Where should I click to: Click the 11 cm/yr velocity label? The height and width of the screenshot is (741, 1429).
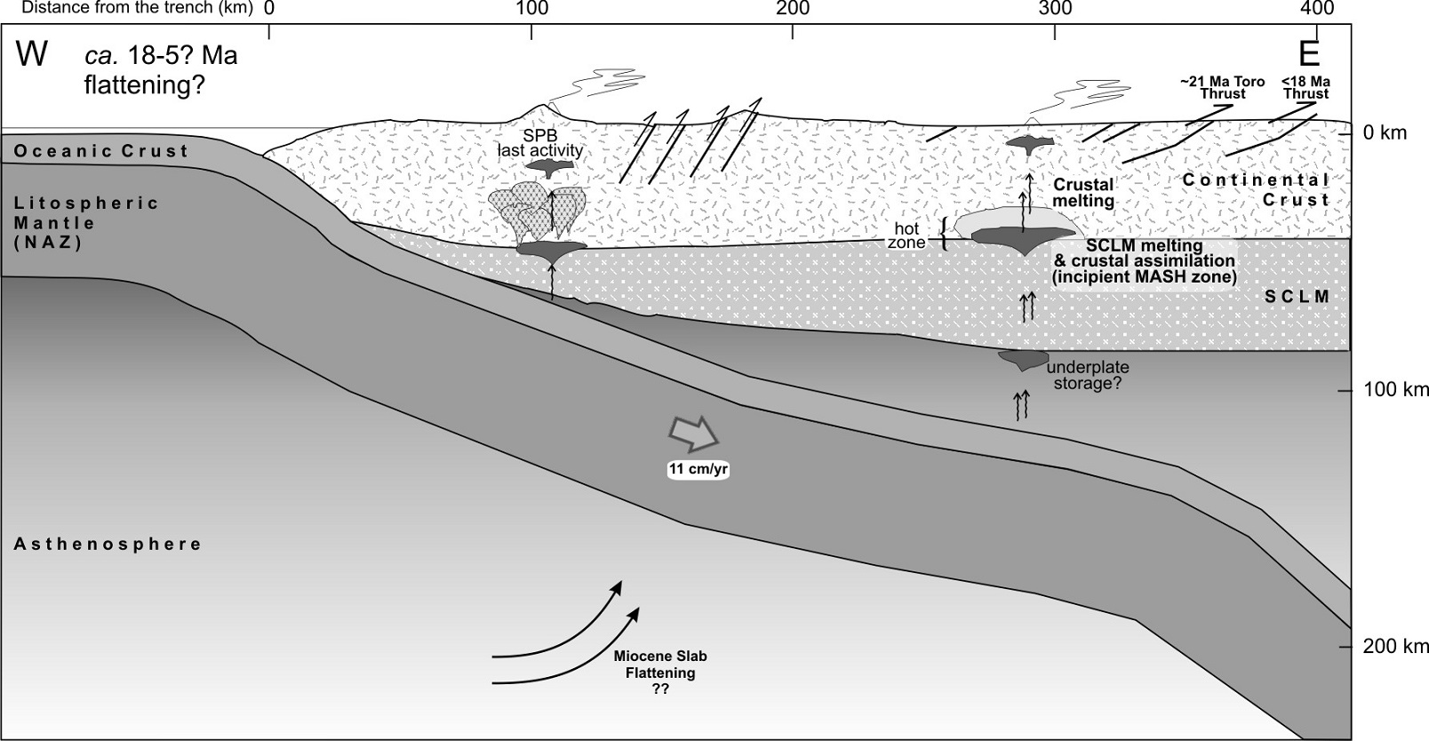click(x=699, y=469)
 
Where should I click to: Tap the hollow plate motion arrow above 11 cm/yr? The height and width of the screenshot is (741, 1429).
click(x=693, y=432)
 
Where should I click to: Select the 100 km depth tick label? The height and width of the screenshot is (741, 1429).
click(x=1396, y=390)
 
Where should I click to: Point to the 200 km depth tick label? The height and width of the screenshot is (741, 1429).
click(x=1396, y=647)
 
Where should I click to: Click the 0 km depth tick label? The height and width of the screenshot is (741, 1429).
click(x=1385, y=133)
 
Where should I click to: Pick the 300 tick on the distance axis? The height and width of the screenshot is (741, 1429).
click(x=1055, y=9)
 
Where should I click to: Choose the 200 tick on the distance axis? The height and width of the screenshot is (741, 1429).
click(x=793, y=9)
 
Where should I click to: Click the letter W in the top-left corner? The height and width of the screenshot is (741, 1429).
click(x=31, y=55)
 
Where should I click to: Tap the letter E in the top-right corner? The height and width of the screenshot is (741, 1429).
click(x=1309, y=55)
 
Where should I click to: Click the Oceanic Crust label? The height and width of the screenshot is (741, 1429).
click(x=101, y=151)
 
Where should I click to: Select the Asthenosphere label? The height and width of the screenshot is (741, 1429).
click(x=108, y=544)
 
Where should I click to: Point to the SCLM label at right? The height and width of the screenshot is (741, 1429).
click(x=1297, y=297)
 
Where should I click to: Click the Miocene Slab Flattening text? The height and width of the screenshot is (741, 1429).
click(x=660, y=673)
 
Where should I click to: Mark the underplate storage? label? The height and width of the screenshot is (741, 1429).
click(x=1087, y=376)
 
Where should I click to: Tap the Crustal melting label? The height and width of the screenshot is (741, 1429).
click(x=1083, y=193)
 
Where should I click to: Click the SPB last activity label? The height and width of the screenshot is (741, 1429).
click(x=539, y=143)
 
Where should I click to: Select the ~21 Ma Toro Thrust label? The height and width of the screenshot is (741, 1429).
click(x=1223, y=87)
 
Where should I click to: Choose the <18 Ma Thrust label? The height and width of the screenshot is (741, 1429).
click(x=1305, y=87)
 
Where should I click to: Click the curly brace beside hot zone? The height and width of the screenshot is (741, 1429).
click(x=944, y=235)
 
